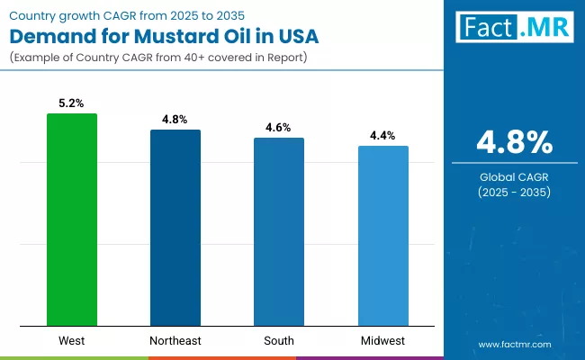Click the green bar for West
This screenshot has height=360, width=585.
pyautogui.click(x=72, y=220)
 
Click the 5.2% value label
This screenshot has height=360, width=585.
pyautogui.click(x=72, y=103)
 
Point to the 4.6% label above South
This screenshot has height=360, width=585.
pyautogui.click(x=279, y=128)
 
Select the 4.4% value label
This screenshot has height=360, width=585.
pyautogui.click(x=383, y=136)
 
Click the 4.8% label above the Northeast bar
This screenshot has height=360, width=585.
pyautogui.click(x=175, y=120)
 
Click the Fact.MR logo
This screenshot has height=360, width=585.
pyautogui.click(x=514, y=28)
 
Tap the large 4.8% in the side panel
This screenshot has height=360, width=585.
pyautogui.click(x=514, y=142)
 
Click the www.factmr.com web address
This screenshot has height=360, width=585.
pyautogui.click(x=514, y=345)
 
